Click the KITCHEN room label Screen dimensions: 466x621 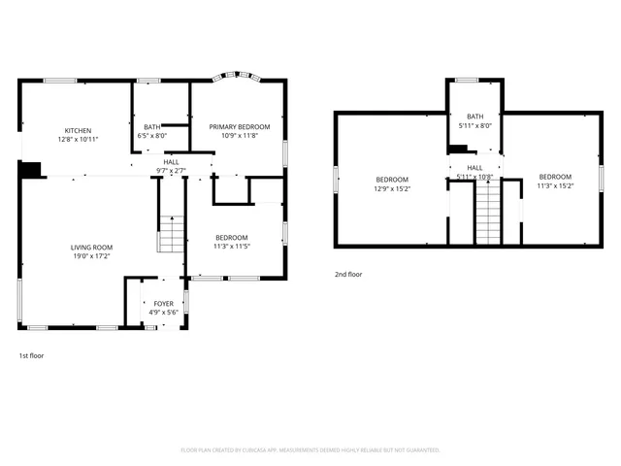pyautogui.click(x=78, y=131)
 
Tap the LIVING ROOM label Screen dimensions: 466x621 pyautogui.click(x=91, y=248)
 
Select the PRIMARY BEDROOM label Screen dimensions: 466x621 pyautogui.click(x=240, y=127)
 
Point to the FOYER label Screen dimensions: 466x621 pyautogui.click(x=163, y=304)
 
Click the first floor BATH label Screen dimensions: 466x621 pyautogui.click(x=152, y=127)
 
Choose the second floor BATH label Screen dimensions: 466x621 pyautogui.click(x=474, y=116)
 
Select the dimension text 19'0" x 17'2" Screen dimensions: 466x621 pyautogui.click(x=91, y=256)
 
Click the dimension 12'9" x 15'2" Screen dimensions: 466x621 pyautogui.click(x=392, y=188)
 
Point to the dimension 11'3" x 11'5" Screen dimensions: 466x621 pyautogui.click(x=232, y=247)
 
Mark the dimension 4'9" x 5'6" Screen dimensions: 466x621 pyautogui.click(x=163, y=313)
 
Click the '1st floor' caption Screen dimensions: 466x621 pyautogui.click(x=31, y=355)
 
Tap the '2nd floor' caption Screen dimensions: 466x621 pyautogui.click(x=347, y=275)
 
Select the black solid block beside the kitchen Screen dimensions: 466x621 pyautogui.click(x=32, y=169)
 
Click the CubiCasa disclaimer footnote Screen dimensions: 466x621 pyautogui.click(x=310, y=449)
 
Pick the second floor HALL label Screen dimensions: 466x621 pyautogui.click(x=474, y=168)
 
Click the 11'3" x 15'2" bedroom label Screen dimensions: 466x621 pyautogui.click(x=555, y=178)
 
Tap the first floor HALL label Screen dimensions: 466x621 pyautogui.click(x=171, y=162)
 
